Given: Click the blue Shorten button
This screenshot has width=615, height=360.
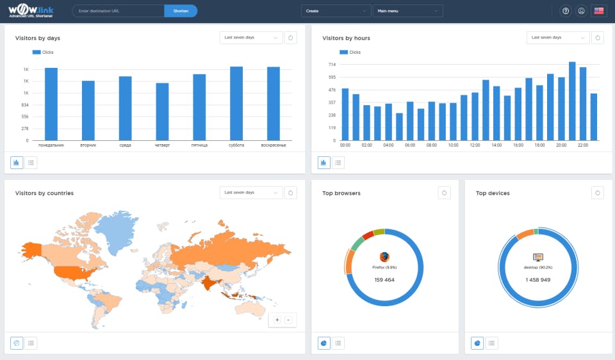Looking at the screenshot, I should pyautogui.click(x=181, y=11).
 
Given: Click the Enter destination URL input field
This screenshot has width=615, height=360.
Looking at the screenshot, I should pyautogui.click(x=118, y=11).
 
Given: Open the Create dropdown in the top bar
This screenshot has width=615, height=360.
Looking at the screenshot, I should pyautogui.click(x=336, y=11).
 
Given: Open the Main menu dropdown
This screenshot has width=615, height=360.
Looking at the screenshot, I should pyautogui.click(x=407, y=11).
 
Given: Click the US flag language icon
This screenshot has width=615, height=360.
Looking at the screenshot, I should pyautogui.click(x=599, y=11).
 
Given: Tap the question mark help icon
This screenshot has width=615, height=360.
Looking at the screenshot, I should pyautogui.click(x=566, y=11).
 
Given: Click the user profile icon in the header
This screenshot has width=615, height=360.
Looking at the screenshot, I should pyautogui.click(x=581, y=11).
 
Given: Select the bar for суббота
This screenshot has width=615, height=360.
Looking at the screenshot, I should pyautogui.click(x=236, y=103).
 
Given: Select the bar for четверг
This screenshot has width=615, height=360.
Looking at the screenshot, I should pyautogui.click(x=162, y=111).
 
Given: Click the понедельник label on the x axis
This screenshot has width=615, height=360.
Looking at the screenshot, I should pyautogui.click(x=51, y=145).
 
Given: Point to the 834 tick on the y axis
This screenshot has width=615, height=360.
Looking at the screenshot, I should pyautogui.click(x=25, y=105).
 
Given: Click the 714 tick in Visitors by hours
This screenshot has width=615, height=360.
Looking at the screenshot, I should pyautogui.click(x=332, y=65).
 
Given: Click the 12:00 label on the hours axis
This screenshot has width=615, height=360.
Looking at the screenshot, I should pyautogui.click(x=475, y=145).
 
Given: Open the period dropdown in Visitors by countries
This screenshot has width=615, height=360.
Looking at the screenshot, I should pyautogui.click(x=250, y=192).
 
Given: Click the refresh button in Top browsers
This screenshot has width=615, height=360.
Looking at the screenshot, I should pyautogui.click(x=445, y=192).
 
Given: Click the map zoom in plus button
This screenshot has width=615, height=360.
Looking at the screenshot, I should pyautogui.click(x=277, y=319).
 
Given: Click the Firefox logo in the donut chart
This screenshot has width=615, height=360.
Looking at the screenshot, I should pyautogui.click(x=384, y=257).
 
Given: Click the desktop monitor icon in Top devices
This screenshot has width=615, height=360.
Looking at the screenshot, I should pyautogui.click(x=537, y=257).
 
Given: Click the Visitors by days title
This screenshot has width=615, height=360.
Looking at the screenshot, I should pyautogui.click(x=38, y=38).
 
